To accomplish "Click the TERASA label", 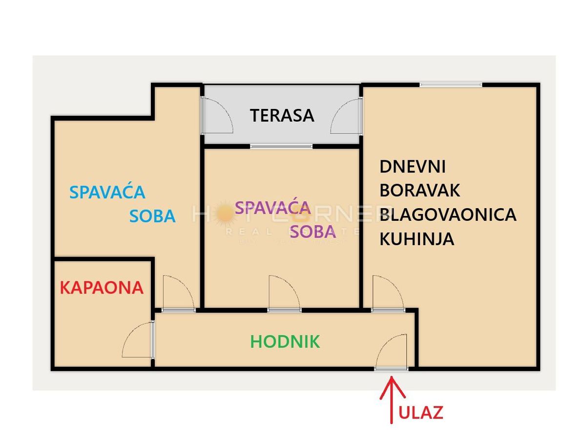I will point(282,116).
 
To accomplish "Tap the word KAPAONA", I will point(102,288).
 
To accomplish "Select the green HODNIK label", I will point(285,342).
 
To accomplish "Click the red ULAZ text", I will point(421,413).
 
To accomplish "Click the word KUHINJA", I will point(417,239).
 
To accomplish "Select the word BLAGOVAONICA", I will point(448,215).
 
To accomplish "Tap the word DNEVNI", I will point(413,167).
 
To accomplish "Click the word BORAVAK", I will point(419,191).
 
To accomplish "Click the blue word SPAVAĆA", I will point(107,192).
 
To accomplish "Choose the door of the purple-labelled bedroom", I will point(284,294).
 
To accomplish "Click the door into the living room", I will point(388,294).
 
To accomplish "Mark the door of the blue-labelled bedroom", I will point(178,294).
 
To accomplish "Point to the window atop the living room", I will point(451,85).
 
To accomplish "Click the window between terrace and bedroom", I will point(281,146).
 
